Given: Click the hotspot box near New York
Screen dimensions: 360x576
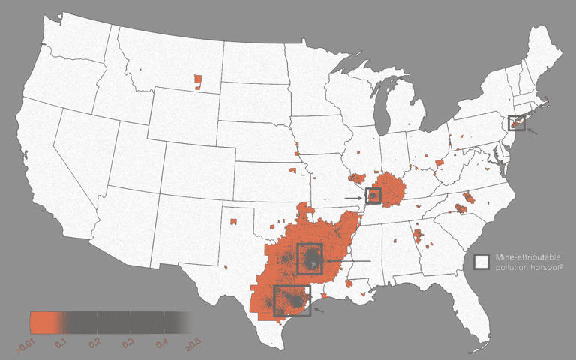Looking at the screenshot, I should click(516, 122).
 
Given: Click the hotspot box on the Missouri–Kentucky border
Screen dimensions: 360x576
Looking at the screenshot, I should click(373, 196).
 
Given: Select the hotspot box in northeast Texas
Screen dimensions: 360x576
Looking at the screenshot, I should click(310, 259).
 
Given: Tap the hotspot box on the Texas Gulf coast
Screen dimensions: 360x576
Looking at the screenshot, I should click(292, 300).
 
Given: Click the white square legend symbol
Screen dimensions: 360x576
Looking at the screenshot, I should click(481, 260).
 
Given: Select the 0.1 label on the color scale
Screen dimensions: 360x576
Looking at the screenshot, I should click(63, 343).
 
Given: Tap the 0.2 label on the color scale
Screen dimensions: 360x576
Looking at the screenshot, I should click(95, 343).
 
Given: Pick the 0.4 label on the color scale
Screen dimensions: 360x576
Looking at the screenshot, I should click(160, 343).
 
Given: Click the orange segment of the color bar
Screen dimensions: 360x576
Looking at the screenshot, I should click(45, 322).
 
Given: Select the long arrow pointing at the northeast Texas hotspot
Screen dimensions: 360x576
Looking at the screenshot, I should click(349, 260).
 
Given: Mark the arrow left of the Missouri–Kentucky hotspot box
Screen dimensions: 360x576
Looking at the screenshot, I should click(355, 197).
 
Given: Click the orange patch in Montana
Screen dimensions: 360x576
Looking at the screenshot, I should click(198, 79).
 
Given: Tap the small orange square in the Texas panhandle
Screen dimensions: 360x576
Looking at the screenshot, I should click(234, 221).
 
